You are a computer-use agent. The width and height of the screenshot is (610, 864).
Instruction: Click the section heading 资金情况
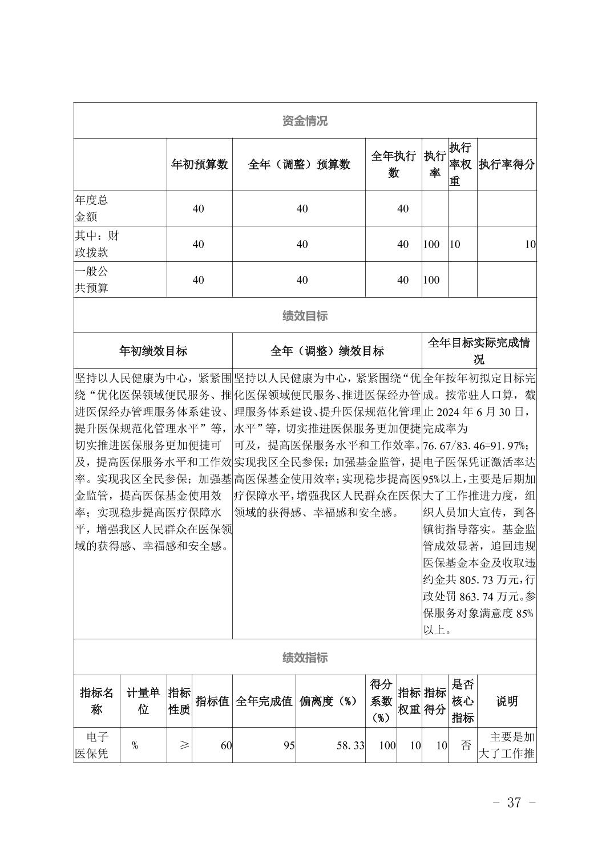[x=305, y=121]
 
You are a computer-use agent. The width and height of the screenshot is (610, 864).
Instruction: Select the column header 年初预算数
[x=200, y=164]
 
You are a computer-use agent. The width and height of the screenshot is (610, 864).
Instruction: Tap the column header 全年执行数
[x=393, y=164]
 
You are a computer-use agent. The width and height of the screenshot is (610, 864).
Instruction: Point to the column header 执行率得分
[x=507, y=164]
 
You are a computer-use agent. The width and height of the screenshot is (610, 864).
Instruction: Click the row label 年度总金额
[x=91, y=208]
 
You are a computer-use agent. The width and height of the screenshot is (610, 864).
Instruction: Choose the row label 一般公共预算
[x=91, y=279]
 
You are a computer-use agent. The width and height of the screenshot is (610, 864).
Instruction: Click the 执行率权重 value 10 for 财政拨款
[x=455, y=244]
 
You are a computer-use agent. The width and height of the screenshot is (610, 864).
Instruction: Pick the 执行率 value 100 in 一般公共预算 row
[x=431, y=279]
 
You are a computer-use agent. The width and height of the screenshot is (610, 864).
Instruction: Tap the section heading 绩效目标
[x=305, y=316]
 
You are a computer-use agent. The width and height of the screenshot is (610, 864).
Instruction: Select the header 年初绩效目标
[x=153, y=351]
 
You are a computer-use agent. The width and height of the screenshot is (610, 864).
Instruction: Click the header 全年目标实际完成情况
[x=479, y=351]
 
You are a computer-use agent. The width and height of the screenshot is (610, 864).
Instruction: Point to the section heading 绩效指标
[x=305, y=658]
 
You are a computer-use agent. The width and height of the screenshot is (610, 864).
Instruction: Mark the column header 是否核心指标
[x=463, y=701]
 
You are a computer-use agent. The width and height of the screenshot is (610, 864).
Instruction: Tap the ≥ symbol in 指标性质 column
[x=183, y=745]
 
